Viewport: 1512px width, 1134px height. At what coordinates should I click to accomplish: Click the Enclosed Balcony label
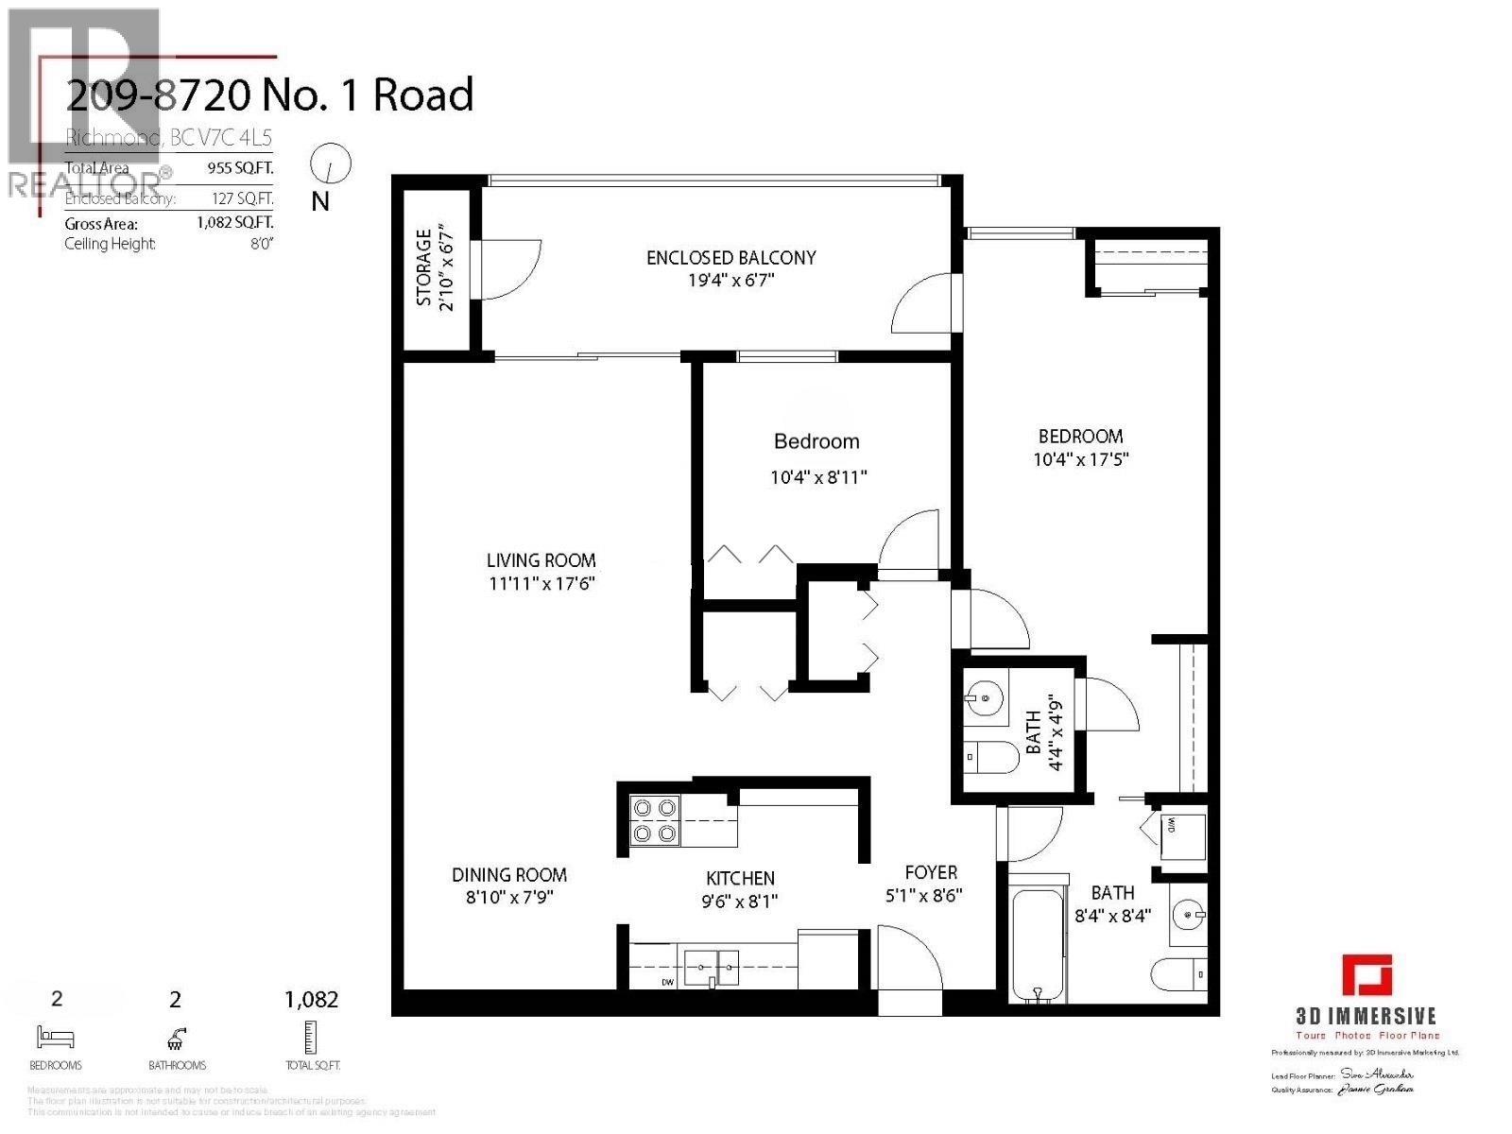(730, 257)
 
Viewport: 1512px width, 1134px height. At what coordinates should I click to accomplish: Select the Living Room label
(541, 560)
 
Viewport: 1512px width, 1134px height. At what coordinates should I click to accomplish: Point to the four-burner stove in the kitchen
(655, 820)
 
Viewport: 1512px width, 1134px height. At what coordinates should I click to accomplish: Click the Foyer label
(931, 872)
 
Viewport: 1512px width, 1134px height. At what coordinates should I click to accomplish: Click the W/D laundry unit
(1182, 836)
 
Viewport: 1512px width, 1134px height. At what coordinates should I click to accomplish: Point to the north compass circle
(331, 164)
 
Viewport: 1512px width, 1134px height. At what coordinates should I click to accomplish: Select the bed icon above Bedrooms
(55, 1037)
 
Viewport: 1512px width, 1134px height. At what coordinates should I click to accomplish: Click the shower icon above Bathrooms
(176, 1038)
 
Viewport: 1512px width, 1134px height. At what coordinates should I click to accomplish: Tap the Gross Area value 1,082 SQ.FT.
(234, 224)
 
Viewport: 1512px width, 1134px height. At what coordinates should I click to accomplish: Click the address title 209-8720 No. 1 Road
(269, 95)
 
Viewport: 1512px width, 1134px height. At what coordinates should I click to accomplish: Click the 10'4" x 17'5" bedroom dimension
(1081, 460)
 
